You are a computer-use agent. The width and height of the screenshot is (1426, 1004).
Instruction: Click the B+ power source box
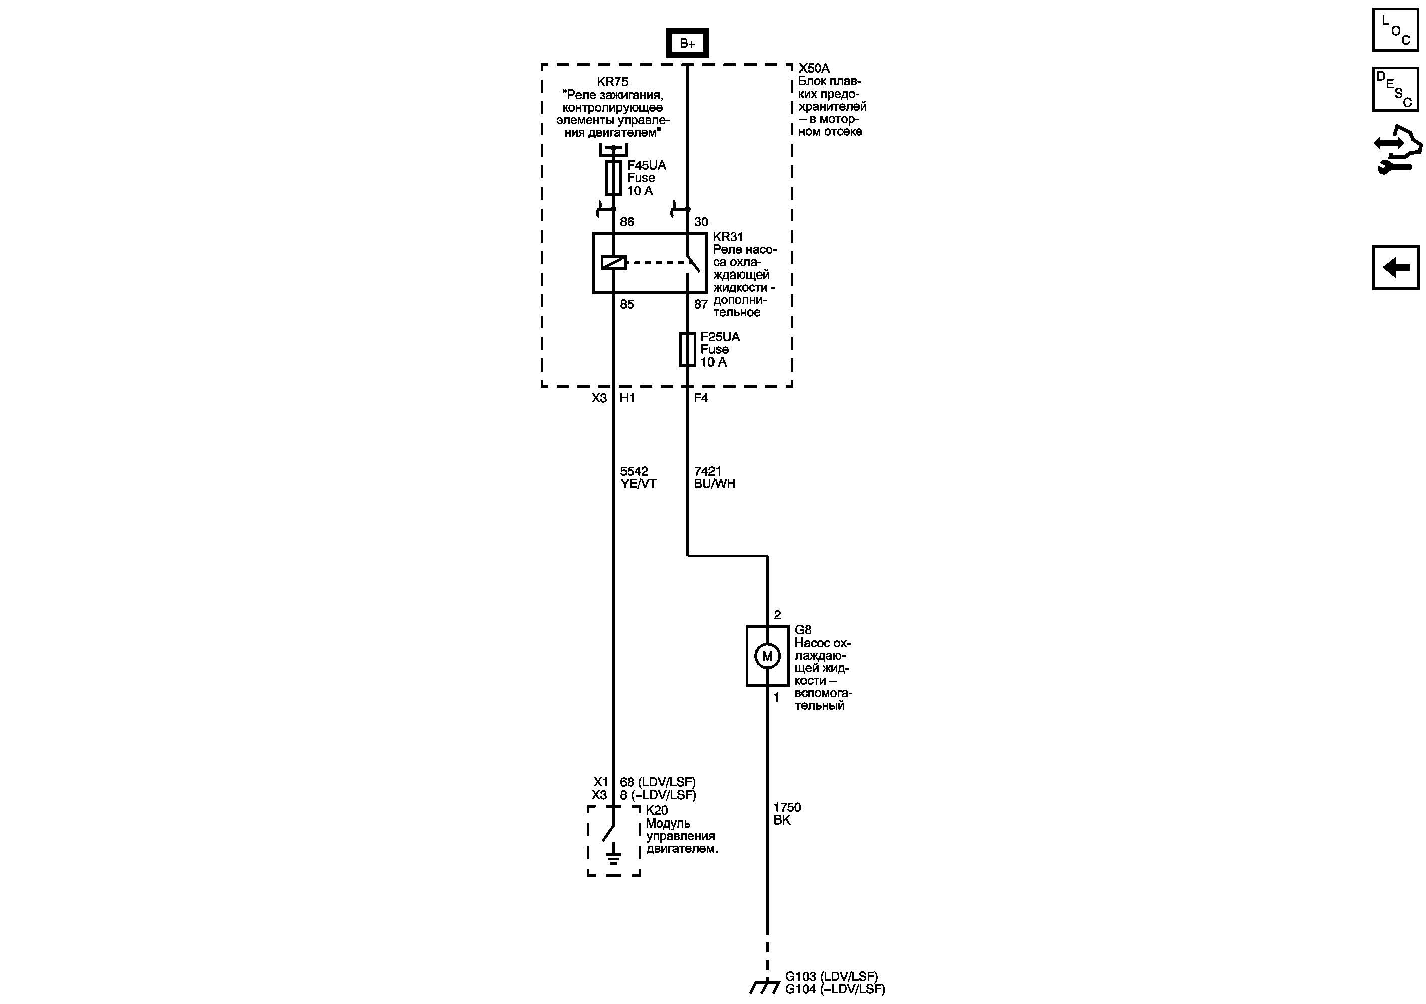point(687,43)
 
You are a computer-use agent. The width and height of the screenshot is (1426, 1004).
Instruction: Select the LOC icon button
point(1395,30)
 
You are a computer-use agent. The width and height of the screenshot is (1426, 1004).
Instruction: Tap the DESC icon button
point(1395,89)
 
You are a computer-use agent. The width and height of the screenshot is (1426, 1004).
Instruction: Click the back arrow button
point(1395,267)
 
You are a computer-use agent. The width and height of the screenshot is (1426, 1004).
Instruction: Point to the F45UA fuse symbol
point(613,177)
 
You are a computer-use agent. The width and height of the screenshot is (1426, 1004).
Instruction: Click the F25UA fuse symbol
point(687,349)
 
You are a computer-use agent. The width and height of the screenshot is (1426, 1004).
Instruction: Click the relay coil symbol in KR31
point(613,262)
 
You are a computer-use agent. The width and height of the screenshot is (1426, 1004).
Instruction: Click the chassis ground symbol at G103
point(764,986)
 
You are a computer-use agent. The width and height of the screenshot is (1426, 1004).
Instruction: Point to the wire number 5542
point(634,471)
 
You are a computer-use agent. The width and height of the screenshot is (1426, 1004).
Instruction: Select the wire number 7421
point(707,471)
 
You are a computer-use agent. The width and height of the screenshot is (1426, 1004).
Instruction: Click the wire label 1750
point(787,807)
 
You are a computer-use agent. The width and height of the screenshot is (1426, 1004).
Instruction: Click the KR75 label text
point(612,81)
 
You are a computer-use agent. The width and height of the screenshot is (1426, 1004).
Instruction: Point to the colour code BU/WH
point(714,483)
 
